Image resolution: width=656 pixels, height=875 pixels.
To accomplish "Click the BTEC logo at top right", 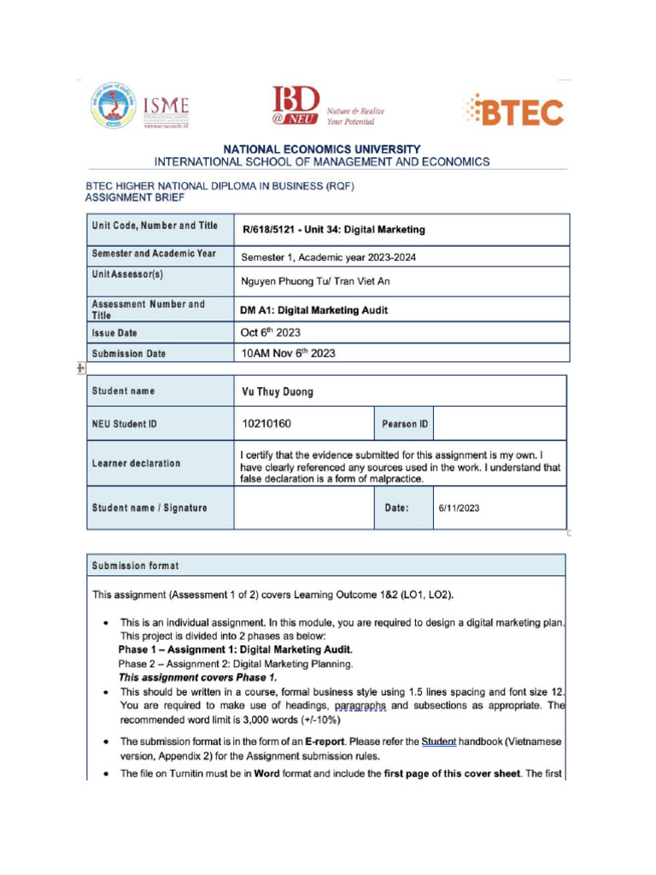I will point(512,112).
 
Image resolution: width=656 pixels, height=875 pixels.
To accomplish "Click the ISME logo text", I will point(167,107).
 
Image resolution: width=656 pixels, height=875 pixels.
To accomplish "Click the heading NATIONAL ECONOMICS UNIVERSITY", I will point(322,149).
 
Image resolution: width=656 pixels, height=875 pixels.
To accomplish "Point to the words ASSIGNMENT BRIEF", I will point(135,197).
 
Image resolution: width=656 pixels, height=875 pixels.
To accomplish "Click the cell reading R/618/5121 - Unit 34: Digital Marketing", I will point(333,230).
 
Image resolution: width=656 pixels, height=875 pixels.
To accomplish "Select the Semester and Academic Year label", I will point(154,254).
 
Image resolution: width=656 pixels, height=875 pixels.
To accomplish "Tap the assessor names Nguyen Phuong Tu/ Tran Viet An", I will point(315,280).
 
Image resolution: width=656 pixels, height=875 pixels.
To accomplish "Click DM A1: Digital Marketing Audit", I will point(314,310).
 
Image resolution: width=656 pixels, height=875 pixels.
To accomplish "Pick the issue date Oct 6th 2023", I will point(271,332).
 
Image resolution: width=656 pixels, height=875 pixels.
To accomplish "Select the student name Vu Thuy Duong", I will point(278,392).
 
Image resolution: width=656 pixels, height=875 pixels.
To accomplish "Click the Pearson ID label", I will point(405,424).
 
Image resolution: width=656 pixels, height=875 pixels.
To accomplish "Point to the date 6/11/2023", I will point(459,508).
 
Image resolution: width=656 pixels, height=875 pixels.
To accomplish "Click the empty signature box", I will point(303,508).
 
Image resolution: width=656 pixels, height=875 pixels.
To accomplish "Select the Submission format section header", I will point(136,566).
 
